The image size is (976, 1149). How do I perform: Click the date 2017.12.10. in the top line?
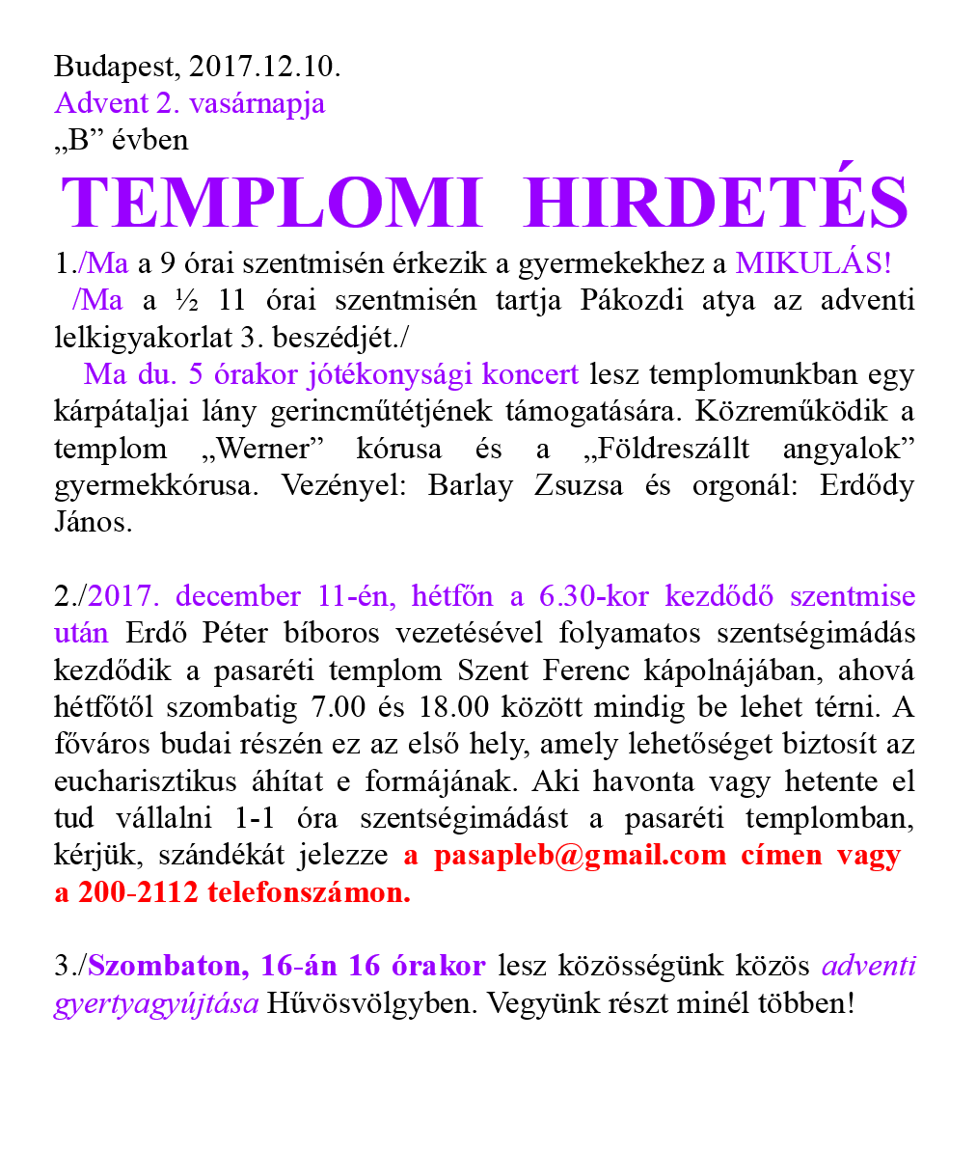(265, 68)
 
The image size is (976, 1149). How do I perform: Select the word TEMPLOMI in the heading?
(271, 203)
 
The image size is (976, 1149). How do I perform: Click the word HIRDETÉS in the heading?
(718, 203)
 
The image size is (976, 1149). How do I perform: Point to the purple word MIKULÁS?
(814, 262)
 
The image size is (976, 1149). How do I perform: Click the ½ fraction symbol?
(188, 300)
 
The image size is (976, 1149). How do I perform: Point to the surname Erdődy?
(866, 486)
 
